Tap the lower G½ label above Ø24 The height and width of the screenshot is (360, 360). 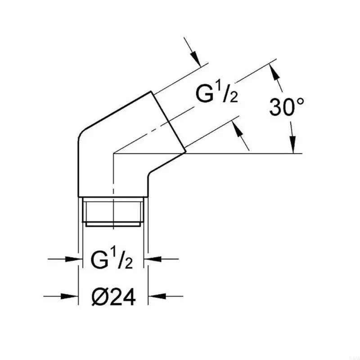point(112,260)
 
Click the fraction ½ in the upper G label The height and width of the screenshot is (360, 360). point(229,95)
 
